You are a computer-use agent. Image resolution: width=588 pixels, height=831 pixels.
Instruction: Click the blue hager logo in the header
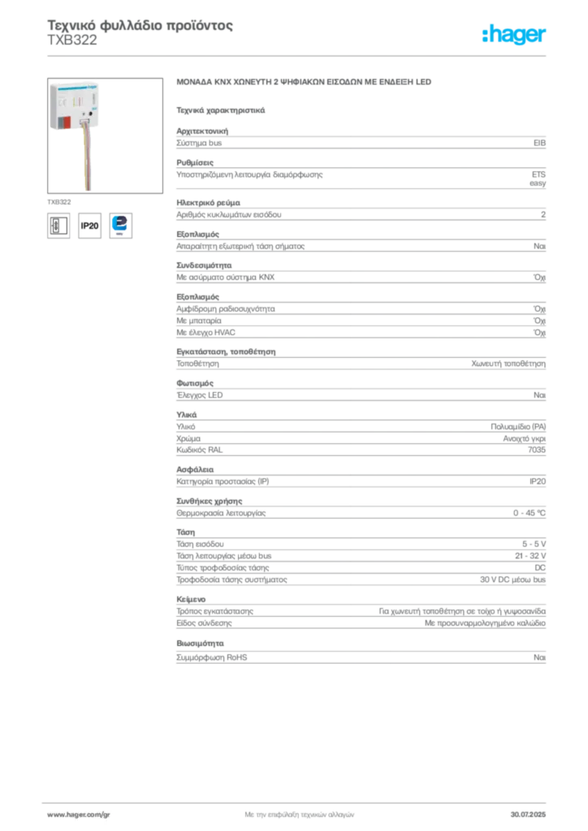tap(516, 36)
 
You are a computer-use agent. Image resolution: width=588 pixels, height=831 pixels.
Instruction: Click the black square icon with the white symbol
tap(58, 225)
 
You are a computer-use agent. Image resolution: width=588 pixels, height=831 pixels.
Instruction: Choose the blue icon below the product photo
tap(120, 224)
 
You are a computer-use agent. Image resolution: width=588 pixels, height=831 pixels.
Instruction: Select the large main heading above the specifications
tap(305, 84)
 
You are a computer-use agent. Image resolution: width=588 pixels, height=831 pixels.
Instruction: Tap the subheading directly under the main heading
tap(221, 110)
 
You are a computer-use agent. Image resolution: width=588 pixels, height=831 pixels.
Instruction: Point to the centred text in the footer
tap(298, 812)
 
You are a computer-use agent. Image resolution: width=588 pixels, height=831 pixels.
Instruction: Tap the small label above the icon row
tap(57, 200)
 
